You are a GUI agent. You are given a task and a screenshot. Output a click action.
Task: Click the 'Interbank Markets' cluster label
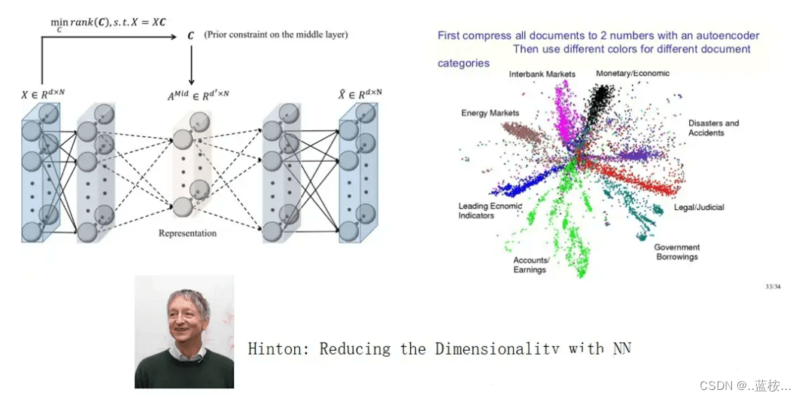pyautogui.click(x=542, y=75)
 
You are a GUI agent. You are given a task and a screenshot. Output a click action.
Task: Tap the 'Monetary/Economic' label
pyautogui.click(x=632, y=74)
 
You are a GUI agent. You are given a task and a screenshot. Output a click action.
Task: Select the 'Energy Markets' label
pyautogui.click(x=490, y=113)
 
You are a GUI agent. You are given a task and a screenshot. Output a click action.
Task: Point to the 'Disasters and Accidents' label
pyautogui.click(x=713, y=128)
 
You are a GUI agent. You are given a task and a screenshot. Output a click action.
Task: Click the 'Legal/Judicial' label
pyautogui.click(x=699, y=207)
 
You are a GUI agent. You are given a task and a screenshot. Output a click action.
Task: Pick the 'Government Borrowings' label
pyautogui.click(x=676, y=252)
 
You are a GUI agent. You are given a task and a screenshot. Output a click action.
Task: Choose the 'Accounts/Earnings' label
pyautogui.click(x=531, y=265)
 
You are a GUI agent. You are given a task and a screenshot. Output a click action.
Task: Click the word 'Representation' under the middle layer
pyautogui.click(x=187, y=233)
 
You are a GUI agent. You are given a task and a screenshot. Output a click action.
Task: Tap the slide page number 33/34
pyautogui.click(x=772, y=286)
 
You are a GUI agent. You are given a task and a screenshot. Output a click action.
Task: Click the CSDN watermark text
pyautogui.click(x=745, y=385)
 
